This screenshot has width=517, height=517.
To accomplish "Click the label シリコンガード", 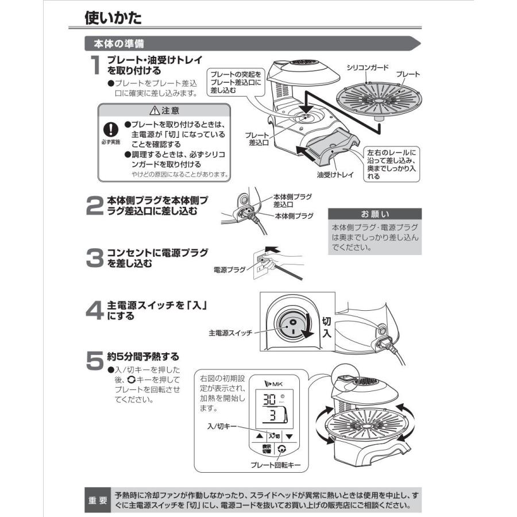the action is click(367, 67).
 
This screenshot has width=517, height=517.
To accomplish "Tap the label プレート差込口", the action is click(256, 138).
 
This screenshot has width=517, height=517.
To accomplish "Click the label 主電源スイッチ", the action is click(230, 333).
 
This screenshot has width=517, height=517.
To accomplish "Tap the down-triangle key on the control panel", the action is click(290, 437).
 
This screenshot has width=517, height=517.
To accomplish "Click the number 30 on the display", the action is click(268, 400).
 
